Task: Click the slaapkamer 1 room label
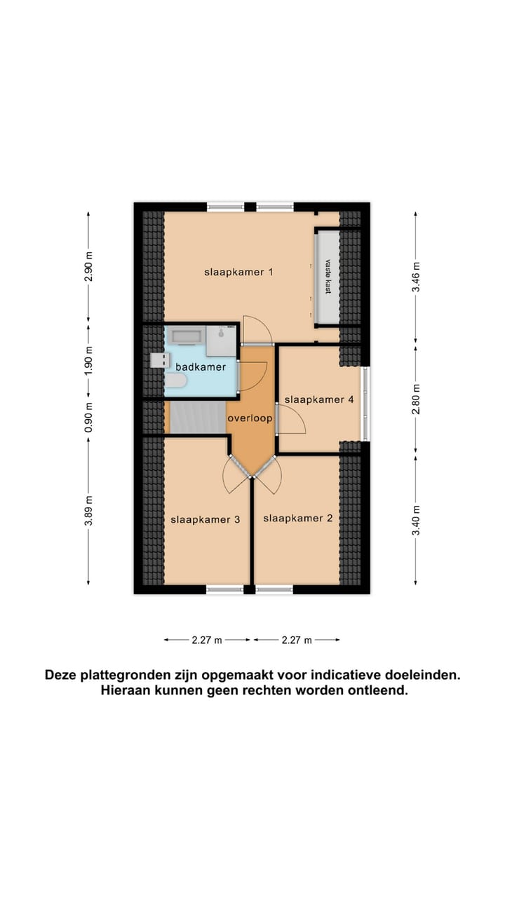238,272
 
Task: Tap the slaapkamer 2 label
297,519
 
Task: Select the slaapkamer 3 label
206,519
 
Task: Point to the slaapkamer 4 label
318,399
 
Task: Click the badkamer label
201,367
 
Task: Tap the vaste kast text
327,277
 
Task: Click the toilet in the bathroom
175,381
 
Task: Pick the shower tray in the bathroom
221,341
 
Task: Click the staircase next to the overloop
197,417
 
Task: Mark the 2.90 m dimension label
88,266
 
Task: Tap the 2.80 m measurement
416,397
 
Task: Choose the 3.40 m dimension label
416,519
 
